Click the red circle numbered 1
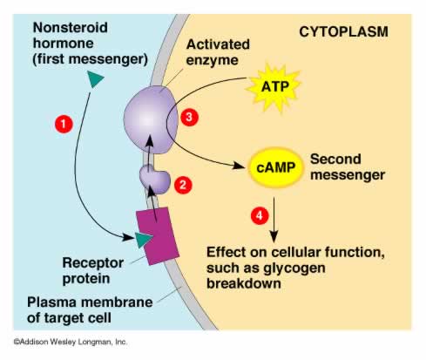tap(64, 124)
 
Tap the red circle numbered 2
tap(183, 185)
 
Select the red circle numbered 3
tap(189, 117)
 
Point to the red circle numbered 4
tap(260, 215)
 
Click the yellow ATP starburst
tap(274, 87)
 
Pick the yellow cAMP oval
tap(276, 167)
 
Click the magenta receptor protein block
tap(158, 235)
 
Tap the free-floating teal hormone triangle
tap(95, 78)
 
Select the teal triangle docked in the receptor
tap(144, 240)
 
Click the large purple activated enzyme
tap(151, 119)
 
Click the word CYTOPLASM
tap(343, 31)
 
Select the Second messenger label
tap(348, 166)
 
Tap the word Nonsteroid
tap(71, 28)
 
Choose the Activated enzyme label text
tap(218, 52)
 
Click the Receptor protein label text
tap(93, 270)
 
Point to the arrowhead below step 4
tap(274, 236)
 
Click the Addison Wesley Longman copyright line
tap(71, 342)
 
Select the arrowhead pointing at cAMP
tap(239, 166)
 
